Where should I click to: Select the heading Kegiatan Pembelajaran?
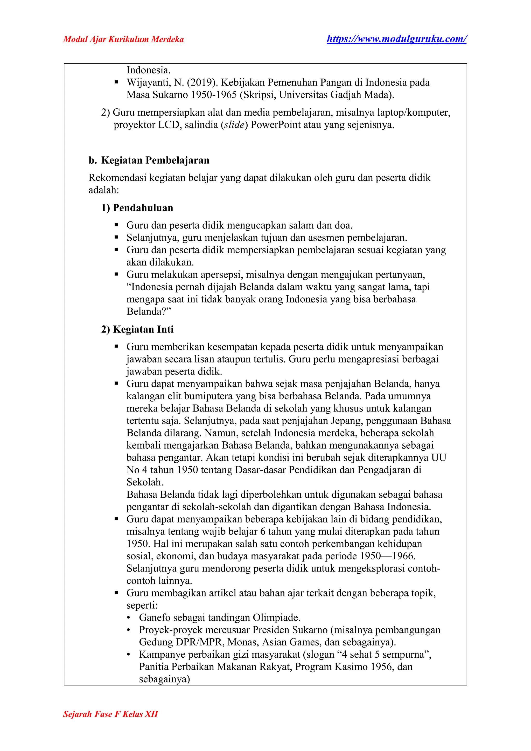155,160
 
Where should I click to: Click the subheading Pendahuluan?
143,208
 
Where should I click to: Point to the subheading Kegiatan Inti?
143,329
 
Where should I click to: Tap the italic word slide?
234,125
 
